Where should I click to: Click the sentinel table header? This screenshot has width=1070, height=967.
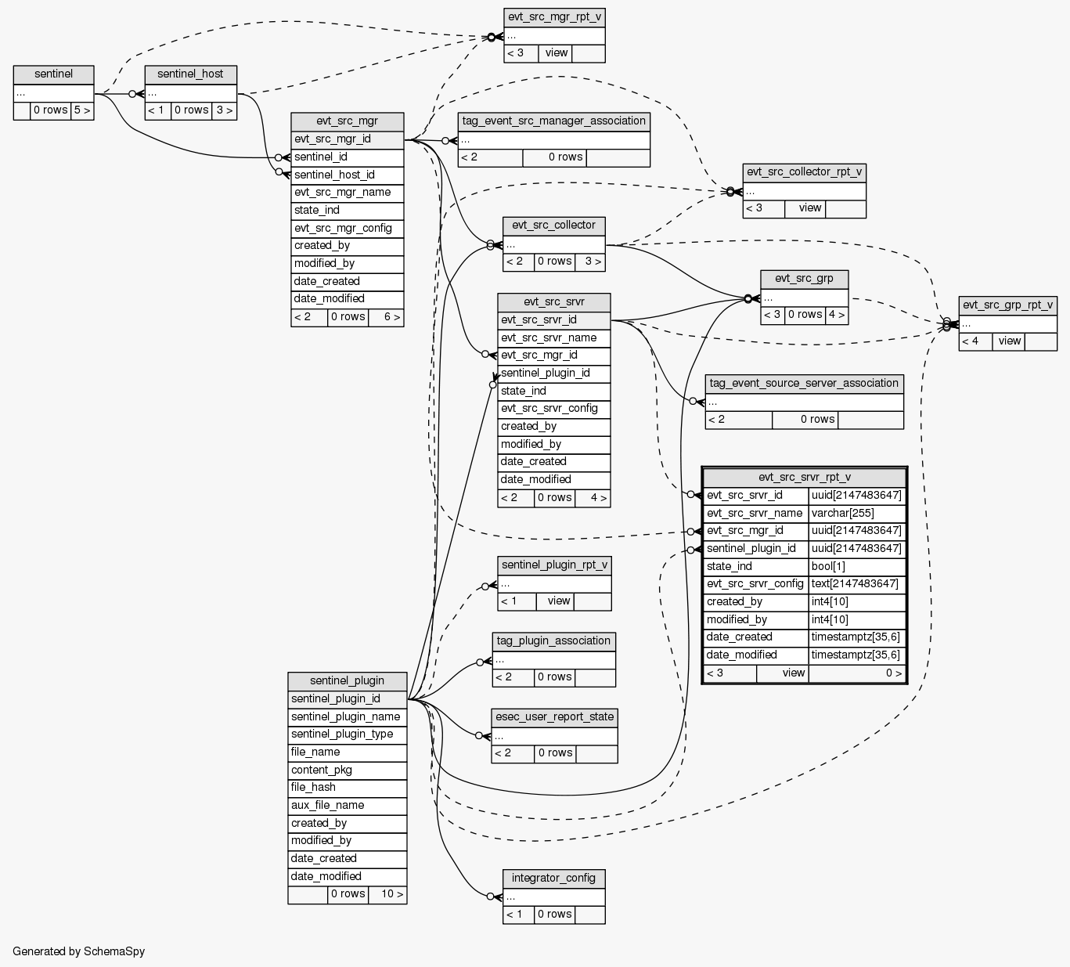coord(54,74)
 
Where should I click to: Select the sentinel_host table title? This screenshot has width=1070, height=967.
coord(190,74)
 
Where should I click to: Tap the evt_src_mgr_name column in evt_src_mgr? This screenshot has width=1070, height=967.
coord(347,193)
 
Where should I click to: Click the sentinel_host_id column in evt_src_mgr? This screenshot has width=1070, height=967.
coord(347,175)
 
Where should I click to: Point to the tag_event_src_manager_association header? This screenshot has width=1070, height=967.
coord(553,121)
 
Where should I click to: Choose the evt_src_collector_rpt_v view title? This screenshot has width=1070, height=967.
coord(804,172)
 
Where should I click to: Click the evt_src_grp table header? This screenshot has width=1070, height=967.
coord(804,279)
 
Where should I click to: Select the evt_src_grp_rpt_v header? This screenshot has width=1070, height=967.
coord(1007,305)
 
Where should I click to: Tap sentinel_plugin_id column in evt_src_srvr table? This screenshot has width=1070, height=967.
coord(553,373)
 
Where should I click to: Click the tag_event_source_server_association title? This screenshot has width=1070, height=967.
coord(804,384)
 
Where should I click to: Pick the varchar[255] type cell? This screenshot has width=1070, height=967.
coord(856,514)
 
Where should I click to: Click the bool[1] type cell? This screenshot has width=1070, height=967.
coord(856,567)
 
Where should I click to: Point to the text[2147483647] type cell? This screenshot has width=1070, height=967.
coord(856,584)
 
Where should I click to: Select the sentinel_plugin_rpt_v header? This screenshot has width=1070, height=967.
coord(553,565)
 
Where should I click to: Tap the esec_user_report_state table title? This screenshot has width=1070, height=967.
coord(554,717)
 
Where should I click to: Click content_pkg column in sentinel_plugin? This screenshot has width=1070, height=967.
coord(347,770)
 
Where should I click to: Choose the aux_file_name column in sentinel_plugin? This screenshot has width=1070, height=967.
coord(347,805)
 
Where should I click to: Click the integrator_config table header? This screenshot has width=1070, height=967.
coord(553,879)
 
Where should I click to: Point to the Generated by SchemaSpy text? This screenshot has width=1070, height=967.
coord(79,951)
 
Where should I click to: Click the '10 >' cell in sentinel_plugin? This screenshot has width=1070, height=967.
coord(387,894)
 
